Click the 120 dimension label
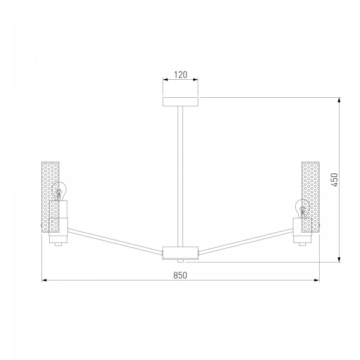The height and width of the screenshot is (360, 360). (181, 74)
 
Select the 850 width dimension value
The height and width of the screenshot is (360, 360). (180, 275)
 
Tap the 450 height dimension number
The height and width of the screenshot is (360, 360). (335, 180)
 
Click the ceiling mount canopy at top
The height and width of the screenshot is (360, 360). (181, 102)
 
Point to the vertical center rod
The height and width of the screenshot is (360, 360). (181, 176)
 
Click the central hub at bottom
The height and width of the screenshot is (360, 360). (180, 253)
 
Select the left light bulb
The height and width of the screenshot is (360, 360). (59, 191)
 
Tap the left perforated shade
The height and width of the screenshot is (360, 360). (50, 197)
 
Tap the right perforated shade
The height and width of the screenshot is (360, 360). (310, 197)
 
